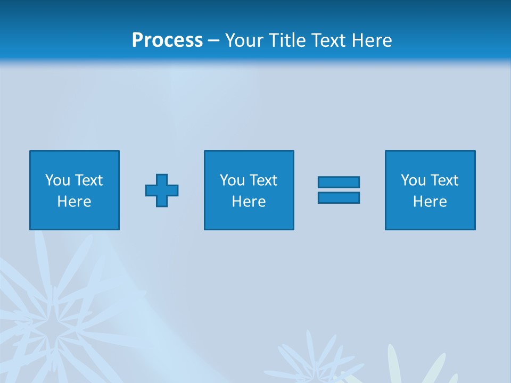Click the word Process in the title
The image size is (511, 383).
tap(167, 40)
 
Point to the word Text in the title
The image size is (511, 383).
tap(328, 40)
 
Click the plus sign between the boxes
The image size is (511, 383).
tap(162, 190)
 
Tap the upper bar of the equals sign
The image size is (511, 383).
tap(339, 182)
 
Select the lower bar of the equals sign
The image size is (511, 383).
tap(339, 197)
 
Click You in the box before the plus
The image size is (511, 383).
tap(57, 180)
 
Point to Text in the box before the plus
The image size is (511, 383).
tap(88, 180)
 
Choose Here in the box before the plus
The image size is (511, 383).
tap(74, 202)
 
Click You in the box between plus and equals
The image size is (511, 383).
tap(232, 180)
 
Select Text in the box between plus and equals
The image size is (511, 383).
tap(262, 180)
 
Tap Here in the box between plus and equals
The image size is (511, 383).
tap(249, 202)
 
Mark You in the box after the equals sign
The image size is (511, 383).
tap(413, 180)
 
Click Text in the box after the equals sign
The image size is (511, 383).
tap(443, 180)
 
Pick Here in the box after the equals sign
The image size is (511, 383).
tap(430, 202)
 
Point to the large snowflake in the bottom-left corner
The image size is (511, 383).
tap(51, 324)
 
